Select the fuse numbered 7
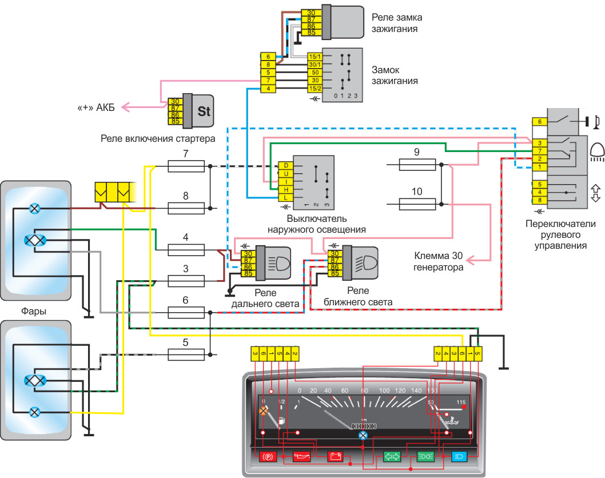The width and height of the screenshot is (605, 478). pyautogui.click(x=186, y=166)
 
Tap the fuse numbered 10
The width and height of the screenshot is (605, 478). pyautogui.click(x=417, y=204)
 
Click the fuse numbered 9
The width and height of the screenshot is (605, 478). pyautogui.click(x=417, y=165)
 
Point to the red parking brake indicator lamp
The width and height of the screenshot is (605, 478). pyautogui.click(x=268, y=457)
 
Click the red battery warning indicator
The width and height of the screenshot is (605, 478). pyautogui.click(x=335, y=457)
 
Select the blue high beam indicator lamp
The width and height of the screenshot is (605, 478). pyautogui.click(x=460, y=457)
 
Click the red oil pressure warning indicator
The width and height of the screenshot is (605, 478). pyautogui.click(x=301, y=457)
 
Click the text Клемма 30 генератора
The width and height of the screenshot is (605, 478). pyautogui.click(x=439, y=261)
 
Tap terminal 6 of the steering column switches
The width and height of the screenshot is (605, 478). pyautogui.click(x=539, y=122)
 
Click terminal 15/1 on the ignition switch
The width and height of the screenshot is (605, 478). pyautogui.click(x=315, y=57)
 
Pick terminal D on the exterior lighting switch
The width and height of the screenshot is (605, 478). pyautogui.click(x=285, y=165)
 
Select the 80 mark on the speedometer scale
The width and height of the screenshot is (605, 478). pyautogui.click(x=363, y=391)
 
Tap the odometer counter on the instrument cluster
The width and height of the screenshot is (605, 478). pyautogui.click(x=363, y=426)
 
